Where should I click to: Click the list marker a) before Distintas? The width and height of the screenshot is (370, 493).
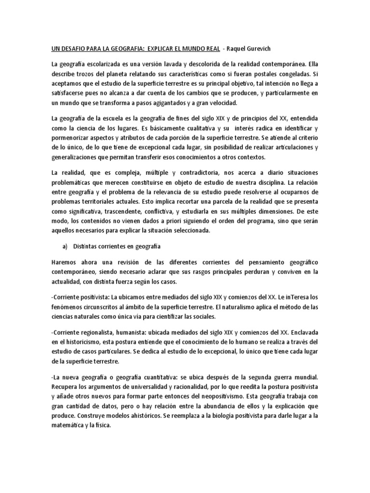[x=64, y=246]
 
